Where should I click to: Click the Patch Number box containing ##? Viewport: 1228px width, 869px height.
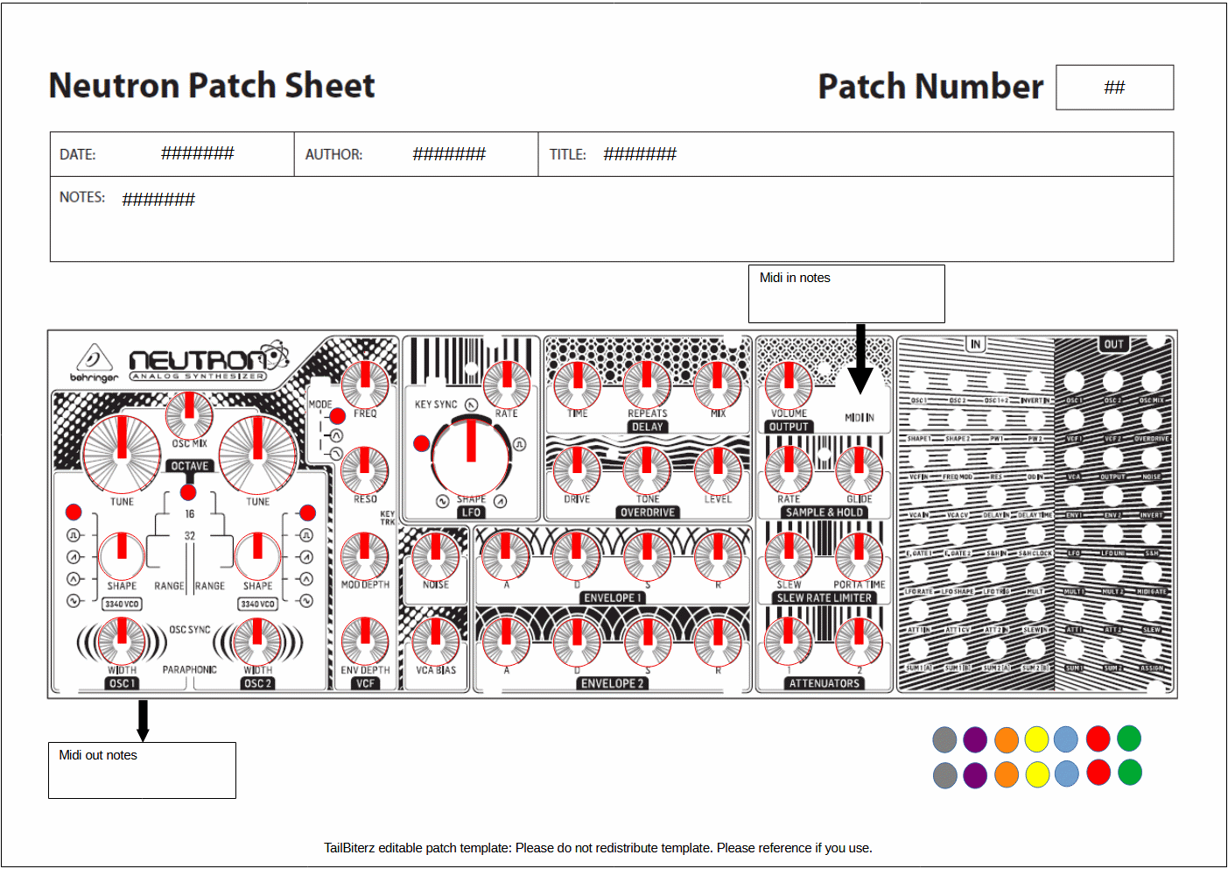pos(1114,88)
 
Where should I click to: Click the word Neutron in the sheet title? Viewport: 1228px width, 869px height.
pos(114,86)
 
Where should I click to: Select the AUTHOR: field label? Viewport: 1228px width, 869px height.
pos(333,155)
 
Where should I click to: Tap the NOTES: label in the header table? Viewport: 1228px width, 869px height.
pos(82,198)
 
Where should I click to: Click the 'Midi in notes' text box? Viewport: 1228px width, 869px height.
pos(846,293)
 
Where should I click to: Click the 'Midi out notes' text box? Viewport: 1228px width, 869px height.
pos(142,770)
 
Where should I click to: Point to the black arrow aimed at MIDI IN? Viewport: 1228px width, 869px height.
pos(860,359)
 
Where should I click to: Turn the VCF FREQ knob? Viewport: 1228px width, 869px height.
pos(364,384)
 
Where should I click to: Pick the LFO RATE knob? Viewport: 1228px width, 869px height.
pos(506,384)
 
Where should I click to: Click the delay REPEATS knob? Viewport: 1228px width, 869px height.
pos(647,384)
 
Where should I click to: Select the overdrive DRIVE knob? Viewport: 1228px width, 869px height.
pos(577,470)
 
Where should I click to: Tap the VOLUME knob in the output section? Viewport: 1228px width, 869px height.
pos(789,384)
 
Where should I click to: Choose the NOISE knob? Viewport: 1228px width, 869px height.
pos(435,555)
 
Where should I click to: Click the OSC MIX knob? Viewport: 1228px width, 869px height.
pos(189,413)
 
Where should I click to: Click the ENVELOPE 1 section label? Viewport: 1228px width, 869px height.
pos(613,598)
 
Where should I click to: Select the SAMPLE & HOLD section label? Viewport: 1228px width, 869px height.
pos(825,512)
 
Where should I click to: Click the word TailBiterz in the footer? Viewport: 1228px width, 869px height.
pos(349,848)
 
